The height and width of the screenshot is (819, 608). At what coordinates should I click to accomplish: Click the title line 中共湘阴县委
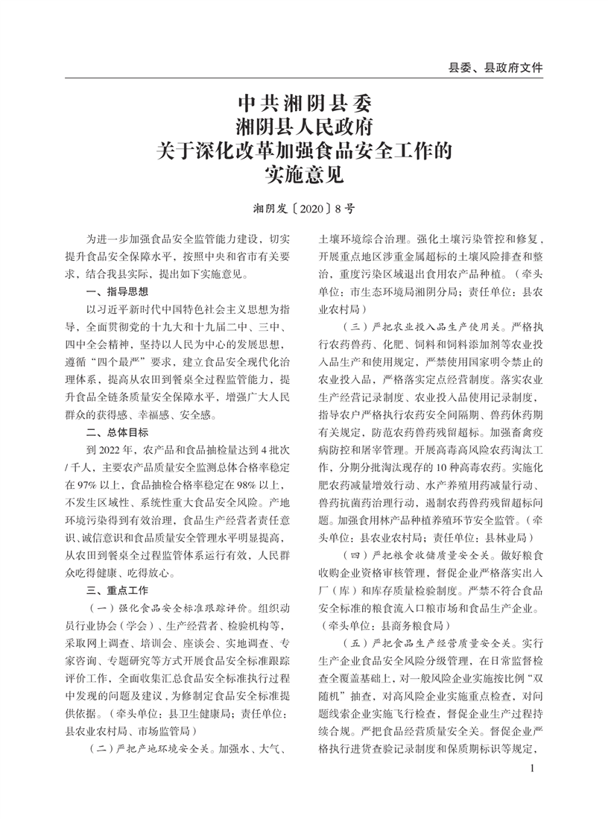[303, 101]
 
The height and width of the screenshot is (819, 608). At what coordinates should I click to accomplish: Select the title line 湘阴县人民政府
[303, 125]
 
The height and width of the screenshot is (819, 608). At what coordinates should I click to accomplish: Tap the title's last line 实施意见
[303, 176]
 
